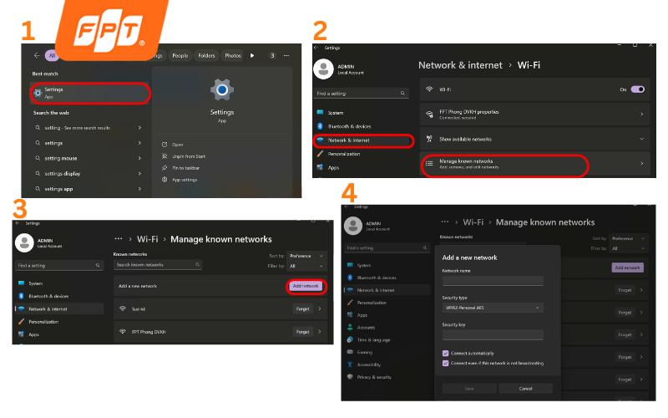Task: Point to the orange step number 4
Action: (x=351, y=194)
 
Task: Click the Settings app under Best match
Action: (x=90, y=92)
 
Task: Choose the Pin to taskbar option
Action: (x=185, y=168)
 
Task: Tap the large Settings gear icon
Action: (x=221, y=90)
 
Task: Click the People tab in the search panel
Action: (x=180, y=56)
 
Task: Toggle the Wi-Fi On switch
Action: (x=637, y=89)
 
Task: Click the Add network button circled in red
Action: (x=306, y=286)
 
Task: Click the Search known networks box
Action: (x=158, y=264)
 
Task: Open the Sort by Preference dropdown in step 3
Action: (x=303, y=255)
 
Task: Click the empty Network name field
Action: (x=493, y=281)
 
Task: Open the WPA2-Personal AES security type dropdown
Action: (x=493, y=308)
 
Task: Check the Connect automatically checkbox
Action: (x=446, y=353)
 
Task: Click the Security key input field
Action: (x=493, y=334)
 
